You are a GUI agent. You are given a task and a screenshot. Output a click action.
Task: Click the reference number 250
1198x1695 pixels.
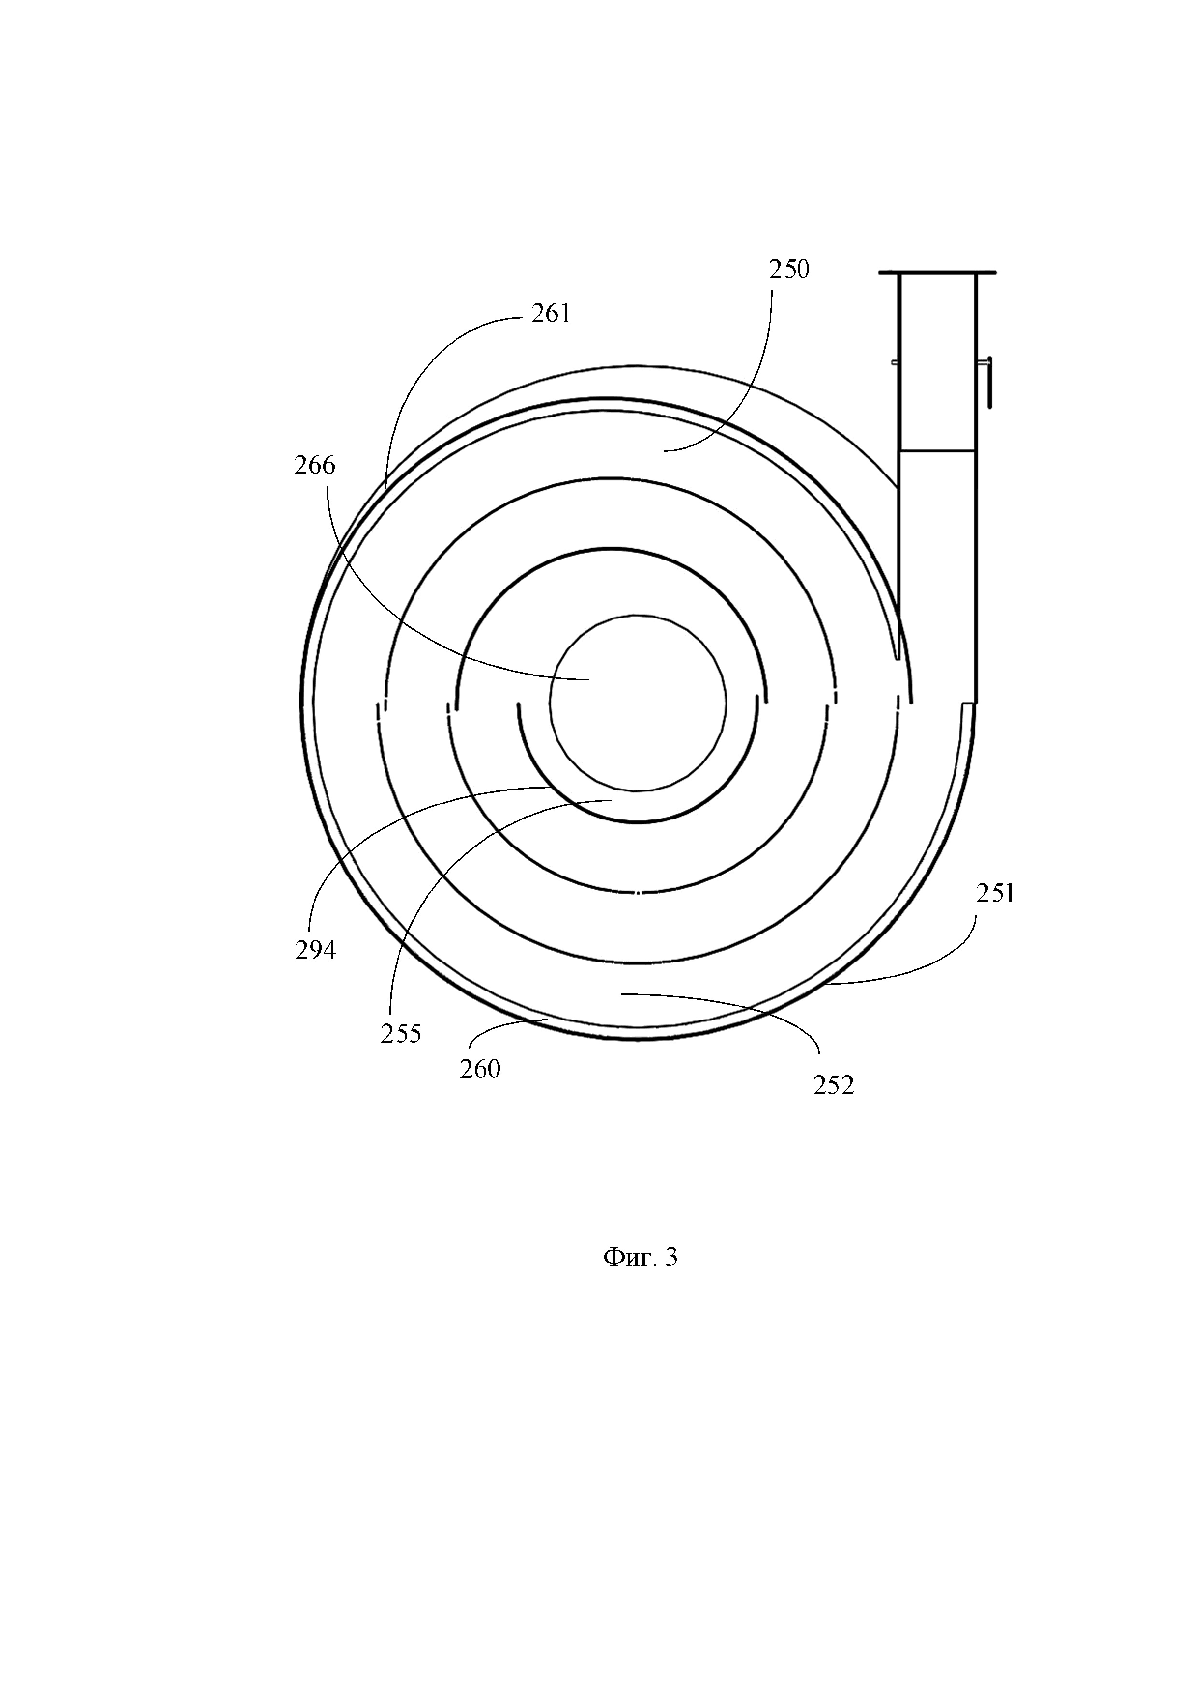point(789,270)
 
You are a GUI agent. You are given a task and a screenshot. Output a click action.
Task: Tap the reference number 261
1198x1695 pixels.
point(551,315)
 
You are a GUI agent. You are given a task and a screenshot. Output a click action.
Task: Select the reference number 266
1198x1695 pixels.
point(314,466)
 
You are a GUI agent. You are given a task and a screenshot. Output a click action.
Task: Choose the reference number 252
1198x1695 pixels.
point(833,1085)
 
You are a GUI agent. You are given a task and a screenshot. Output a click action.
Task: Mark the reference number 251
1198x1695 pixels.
point(996,894)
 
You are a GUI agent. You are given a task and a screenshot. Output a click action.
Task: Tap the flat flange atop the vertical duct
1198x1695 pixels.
point(937,273)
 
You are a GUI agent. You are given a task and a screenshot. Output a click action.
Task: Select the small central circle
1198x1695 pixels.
point(638,704)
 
